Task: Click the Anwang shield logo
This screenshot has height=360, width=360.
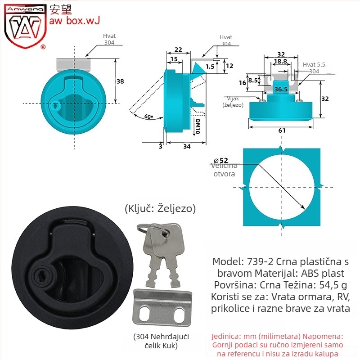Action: (x=25, y=26)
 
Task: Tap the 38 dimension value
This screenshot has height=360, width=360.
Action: (x=120, y=81)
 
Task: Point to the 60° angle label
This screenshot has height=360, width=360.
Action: (x=149, y=117)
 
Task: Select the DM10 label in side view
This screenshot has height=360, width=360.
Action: (x=198, y=126)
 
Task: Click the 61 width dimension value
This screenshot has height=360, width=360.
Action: (x=282, y=130)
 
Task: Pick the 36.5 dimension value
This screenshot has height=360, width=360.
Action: (x=281, y=89)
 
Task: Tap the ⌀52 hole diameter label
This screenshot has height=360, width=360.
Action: (x=221, y=160)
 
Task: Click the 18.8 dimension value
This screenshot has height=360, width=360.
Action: (x=280, y=61)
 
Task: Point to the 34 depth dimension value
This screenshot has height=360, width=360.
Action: (x=187, y=146)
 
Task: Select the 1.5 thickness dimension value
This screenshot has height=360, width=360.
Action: (x=210, y=67)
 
